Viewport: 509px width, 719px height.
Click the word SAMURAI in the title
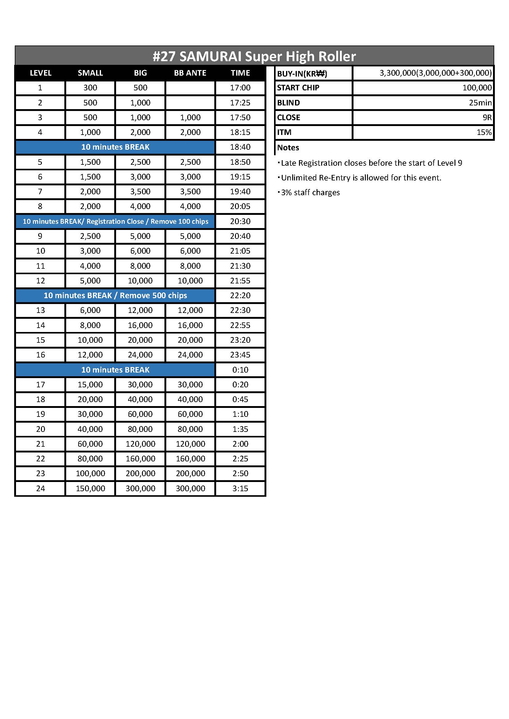coord(210,57)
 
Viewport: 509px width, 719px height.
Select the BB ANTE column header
coord(190,73)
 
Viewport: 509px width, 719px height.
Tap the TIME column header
coord(240,73)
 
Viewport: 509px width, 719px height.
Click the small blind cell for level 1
coord(90,88)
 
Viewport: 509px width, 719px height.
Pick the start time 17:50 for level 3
coord(240,117)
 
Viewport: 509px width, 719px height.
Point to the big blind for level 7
coord(140,191)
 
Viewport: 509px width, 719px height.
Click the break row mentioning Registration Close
coord(115,221)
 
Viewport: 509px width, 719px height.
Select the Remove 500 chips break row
coord(115,295)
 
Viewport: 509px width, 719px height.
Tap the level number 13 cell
coord(40,310)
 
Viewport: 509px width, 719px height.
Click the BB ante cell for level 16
coord(190,354)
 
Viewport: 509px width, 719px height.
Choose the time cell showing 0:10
coord(240,369)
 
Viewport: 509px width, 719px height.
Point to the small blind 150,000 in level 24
coord(90,488)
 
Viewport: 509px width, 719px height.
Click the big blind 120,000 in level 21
coord(140,444)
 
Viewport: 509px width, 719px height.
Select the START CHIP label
coord(298,88)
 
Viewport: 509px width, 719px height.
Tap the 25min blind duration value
coord(480,103)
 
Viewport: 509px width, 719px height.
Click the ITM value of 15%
coord(484,132)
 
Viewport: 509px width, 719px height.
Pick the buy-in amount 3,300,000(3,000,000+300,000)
coord(435,73)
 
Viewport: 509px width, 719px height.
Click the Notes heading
coord(288,148)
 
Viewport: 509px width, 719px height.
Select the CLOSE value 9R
coord(487,117)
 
